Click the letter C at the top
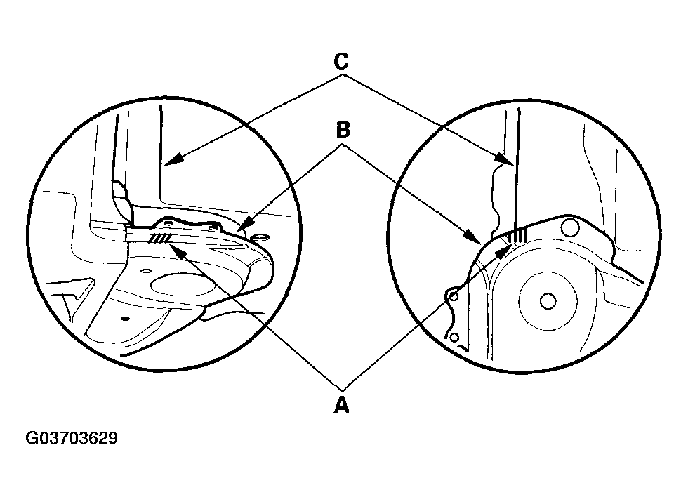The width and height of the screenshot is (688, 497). point(340,62)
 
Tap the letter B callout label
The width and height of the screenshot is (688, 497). point(343,131)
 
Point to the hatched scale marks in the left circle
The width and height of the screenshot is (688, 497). point(159,240)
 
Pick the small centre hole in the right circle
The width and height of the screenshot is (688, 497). point(548,300)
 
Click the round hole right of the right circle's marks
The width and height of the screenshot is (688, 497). point(571,227)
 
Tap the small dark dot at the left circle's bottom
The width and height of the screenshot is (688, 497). point(124,318)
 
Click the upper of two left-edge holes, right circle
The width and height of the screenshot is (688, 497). point(454,296)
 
